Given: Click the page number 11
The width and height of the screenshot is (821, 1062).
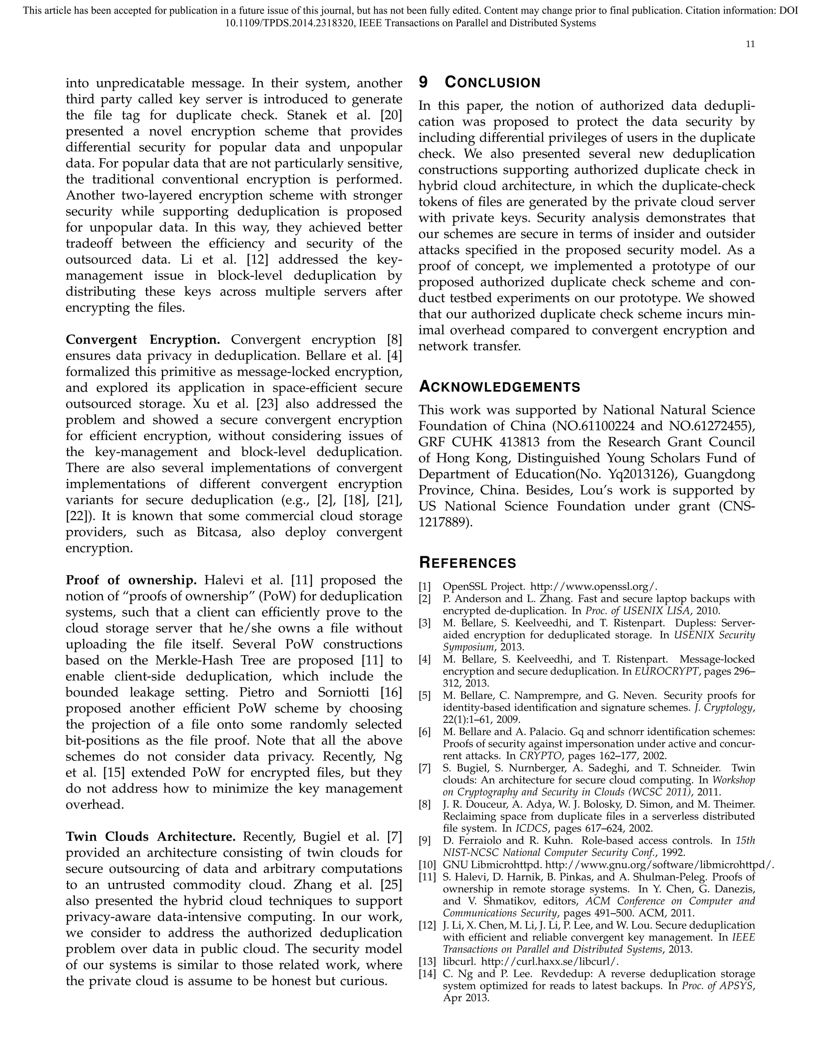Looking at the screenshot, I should tap(750, 44).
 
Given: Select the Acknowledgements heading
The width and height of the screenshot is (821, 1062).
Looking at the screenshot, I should tap(499, 387).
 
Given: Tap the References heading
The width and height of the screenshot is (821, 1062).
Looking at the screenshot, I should tap(467, 563).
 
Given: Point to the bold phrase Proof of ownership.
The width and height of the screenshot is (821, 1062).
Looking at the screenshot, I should tap(131, 580).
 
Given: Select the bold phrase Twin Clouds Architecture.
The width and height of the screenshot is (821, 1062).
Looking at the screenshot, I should tap(150, 836).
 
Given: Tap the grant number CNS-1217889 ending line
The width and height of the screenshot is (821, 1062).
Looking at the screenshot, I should tap(445, 522).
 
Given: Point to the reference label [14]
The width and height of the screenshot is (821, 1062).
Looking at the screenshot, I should tap(427, 973).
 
